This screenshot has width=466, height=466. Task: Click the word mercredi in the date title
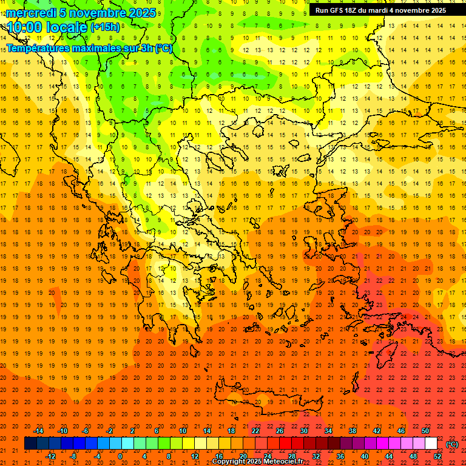(x=32, y=13)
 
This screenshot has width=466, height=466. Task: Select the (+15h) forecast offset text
(x=105, y=27)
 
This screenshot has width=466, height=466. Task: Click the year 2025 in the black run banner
(x=436, y=10)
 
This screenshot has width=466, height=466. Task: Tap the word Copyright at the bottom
(x=229, y=462)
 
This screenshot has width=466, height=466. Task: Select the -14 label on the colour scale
(x=38, y=431)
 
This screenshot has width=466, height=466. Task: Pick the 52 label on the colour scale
(x=437, y=456)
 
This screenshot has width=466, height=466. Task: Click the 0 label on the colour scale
(x=120, y=456)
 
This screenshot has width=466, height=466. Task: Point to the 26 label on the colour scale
(x=280, y=431)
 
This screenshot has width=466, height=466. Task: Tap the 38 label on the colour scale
(x=353, y=431)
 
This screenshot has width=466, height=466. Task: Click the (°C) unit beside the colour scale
(x=452, y=444)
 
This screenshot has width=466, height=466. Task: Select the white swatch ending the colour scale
(x=431, y=444)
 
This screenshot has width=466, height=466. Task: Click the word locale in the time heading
(x=66, y=27)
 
